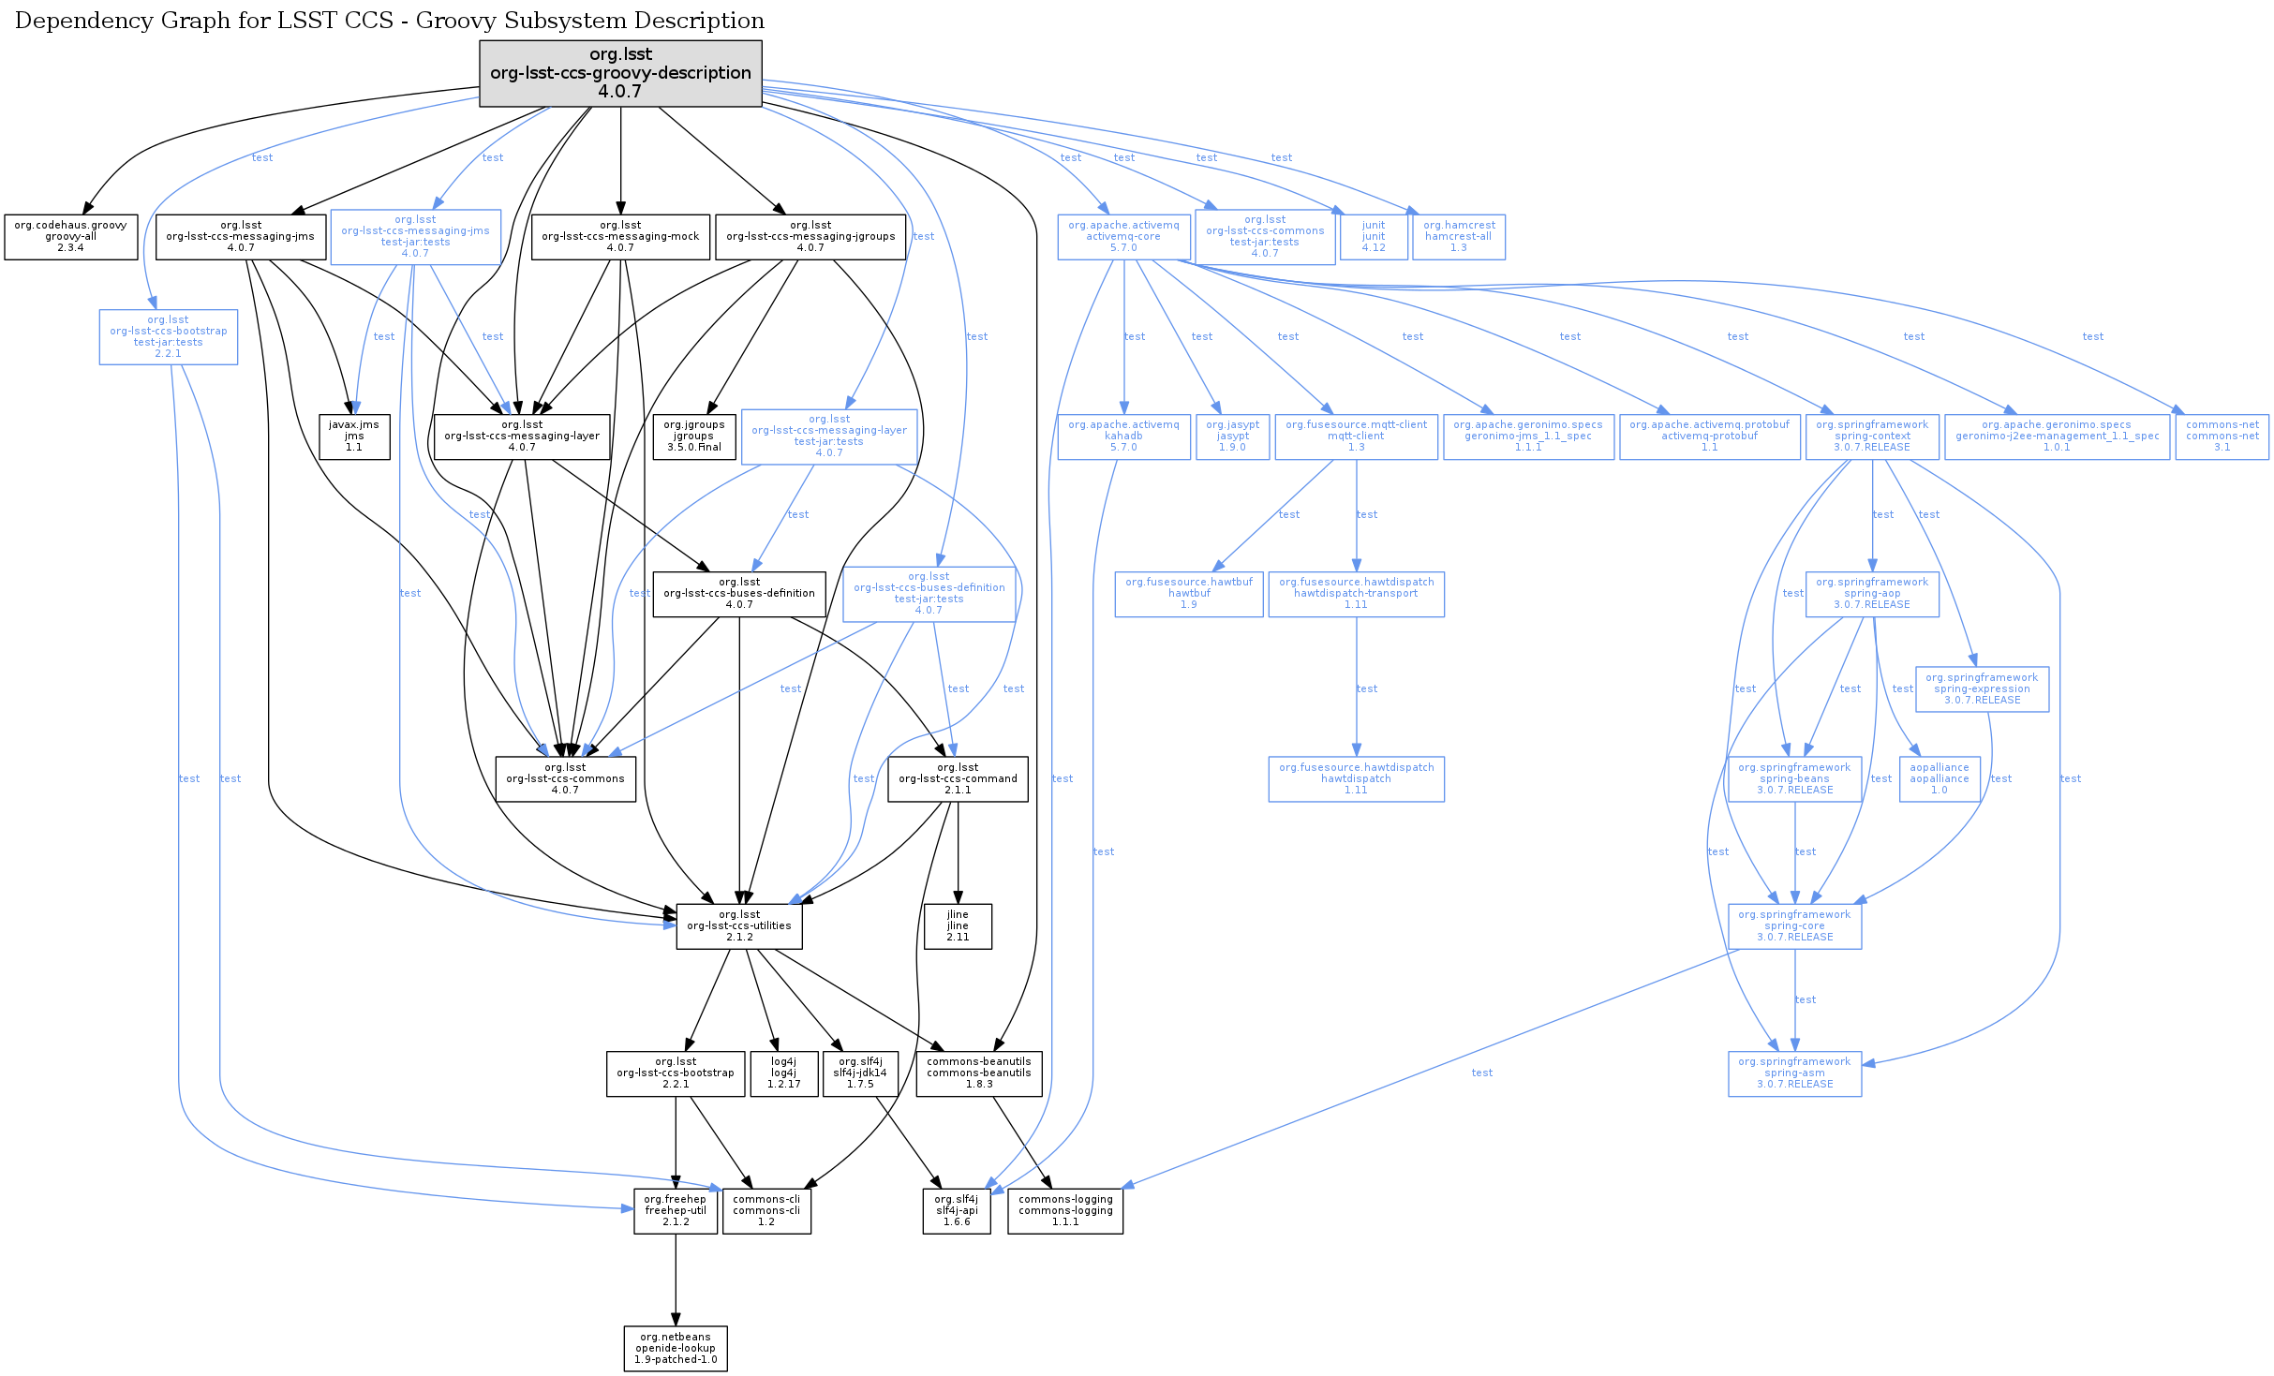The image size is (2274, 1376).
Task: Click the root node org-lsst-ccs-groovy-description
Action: point(620,73)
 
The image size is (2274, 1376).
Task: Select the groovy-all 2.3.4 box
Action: point(70,237)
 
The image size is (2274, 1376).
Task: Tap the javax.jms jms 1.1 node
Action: point(354,436)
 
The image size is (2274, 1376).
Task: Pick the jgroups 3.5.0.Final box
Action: point(693,436)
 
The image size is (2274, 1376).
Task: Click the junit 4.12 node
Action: point(1374,237)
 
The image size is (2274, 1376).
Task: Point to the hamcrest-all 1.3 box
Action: point(1459,237)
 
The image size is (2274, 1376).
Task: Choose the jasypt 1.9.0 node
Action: point(1232,436)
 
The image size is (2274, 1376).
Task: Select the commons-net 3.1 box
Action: point(2222,436)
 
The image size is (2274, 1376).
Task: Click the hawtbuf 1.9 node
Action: point(1188,594)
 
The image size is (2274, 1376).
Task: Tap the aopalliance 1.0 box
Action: point(1939,779)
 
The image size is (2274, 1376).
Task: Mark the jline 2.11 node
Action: point(958,926)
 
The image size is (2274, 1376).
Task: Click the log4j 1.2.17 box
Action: point(783,1073)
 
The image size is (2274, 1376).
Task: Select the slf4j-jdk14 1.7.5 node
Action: point(860,1073)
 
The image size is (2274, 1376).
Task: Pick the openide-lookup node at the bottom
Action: point(676,1349)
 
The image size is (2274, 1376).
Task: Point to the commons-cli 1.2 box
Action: point(766,1211)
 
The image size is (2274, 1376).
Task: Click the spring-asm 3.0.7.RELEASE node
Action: point(1794,1073)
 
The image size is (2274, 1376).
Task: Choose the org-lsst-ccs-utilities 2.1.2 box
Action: point(739,926)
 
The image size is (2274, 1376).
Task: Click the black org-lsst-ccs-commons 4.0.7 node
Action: point(565,779)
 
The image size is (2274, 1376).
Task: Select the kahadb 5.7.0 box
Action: point(1123,436)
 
